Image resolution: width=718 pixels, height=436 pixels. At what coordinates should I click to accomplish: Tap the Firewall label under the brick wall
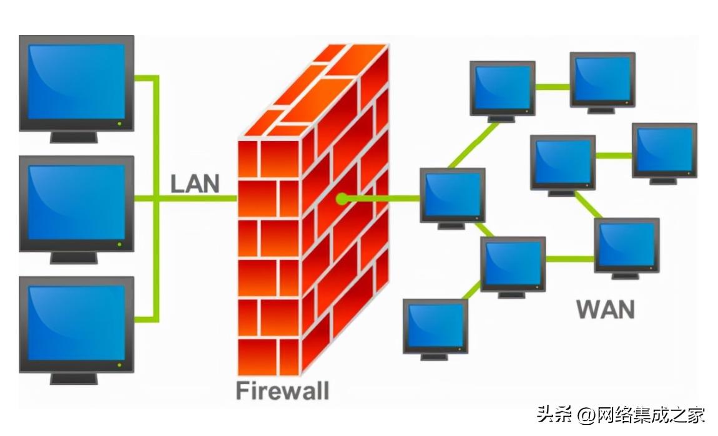tap(282, 391)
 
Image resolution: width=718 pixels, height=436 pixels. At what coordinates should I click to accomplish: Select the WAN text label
tap(604, 309)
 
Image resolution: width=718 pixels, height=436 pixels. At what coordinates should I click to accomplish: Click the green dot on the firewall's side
tap(341, 199)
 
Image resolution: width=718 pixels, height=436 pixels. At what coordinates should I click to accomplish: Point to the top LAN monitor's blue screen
tap(76, 81)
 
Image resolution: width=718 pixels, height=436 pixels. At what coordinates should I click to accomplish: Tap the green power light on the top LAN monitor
tap(119, 124)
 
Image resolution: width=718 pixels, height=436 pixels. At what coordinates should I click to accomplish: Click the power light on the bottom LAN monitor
tap(119, 365)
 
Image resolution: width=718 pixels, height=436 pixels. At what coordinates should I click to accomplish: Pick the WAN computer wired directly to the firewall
tap(452, 194)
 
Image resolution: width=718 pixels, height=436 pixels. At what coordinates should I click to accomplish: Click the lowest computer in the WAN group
tap(435, 326)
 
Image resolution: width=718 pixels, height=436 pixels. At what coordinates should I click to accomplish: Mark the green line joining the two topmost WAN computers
tap(553, 86)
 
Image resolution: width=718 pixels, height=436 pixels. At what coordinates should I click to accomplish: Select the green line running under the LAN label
tap(197, 199)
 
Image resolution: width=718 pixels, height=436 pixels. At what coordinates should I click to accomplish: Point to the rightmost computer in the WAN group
tap(664, 149)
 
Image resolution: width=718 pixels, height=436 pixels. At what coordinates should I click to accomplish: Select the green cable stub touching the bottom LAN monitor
tap(145, 320)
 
